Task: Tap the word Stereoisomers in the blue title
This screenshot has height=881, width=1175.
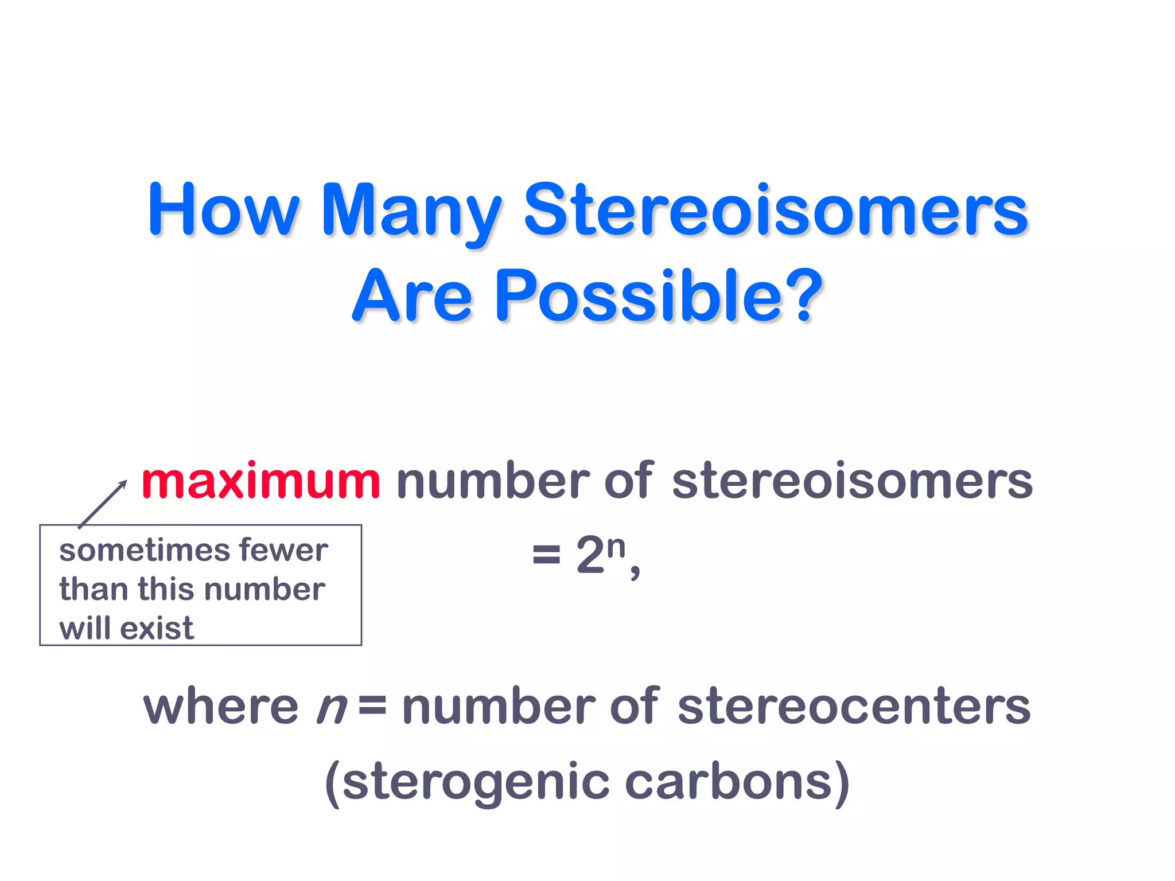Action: [775, 209]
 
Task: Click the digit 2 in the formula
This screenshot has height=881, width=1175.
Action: [590, 555]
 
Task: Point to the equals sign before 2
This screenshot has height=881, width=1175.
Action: [546, 555]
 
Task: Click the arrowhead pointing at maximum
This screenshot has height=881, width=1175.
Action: [123, 484]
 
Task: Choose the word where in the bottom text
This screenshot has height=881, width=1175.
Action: [220, 707]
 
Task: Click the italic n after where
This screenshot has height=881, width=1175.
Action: [332, 709]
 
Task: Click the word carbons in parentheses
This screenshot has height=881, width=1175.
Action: [729, 781]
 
